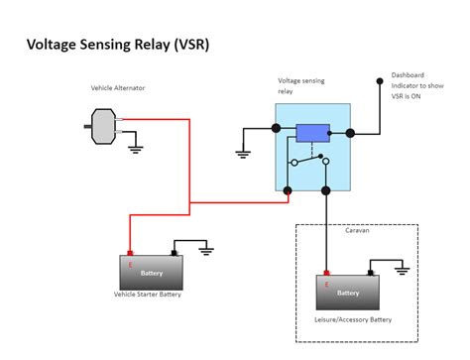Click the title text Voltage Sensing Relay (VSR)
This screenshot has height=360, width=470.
coord(116,45)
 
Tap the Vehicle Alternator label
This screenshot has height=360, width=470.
coord(116,88)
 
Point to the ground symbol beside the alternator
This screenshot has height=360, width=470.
coord(135,150)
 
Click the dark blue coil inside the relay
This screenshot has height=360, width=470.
coord(312,132)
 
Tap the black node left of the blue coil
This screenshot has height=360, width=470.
coord(275,129)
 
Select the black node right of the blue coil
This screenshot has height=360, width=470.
coord(349,133)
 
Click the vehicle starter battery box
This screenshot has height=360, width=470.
coord(152,272)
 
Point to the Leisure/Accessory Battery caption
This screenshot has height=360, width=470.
coord(351,320)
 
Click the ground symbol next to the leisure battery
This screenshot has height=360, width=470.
coord(401,268)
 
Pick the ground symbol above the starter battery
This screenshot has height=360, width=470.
coord(206,251)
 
